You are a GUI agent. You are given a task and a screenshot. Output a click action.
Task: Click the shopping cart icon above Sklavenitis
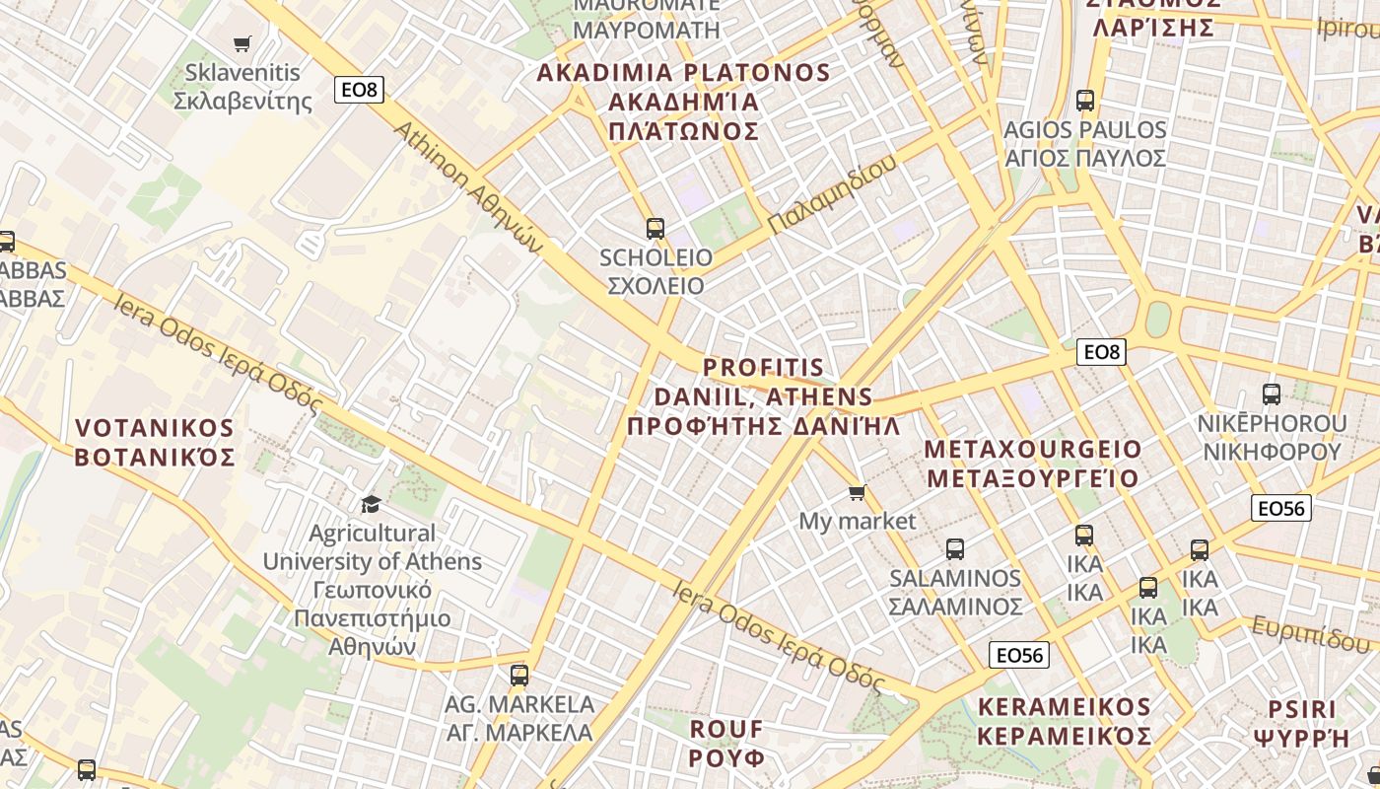point(242,43)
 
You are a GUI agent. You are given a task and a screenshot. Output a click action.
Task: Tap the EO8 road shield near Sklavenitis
point(359,90)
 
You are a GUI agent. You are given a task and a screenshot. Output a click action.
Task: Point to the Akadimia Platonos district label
point(684,102)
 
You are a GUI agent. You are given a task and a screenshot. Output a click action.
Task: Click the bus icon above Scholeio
point(655,229)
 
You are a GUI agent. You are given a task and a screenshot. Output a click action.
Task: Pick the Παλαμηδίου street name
point(832,195)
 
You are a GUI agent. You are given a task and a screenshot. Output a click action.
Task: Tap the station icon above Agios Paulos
point(1085,101)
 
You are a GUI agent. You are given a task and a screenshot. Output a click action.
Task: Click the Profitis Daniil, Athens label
point(764,396)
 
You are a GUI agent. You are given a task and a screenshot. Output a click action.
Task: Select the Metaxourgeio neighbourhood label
point(1032,464)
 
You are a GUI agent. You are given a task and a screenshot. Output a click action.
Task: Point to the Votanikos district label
point(155,443)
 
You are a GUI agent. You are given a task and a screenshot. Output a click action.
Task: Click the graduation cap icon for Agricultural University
point(371,504)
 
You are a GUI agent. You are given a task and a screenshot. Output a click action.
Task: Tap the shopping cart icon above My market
point(858,492)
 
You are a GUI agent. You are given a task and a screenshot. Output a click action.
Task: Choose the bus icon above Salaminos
point(955,549)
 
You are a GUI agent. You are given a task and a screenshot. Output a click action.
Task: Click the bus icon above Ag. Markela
point(519,676)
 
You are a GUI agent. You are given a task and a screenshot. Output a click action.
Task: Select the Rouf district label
point(726,744)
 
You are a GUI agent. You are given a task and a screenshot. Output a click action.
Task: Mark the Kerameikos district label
point(1065,722)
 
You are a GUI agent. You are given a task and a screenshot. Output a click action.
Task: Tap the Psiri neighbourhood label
point(1301,723)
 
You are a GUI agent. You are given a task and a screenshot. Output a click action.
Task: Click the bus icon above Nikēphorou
point(1272,394)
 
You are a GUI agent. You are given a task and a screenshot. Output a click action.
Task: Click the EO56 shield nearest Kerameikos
point(1019,655)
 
